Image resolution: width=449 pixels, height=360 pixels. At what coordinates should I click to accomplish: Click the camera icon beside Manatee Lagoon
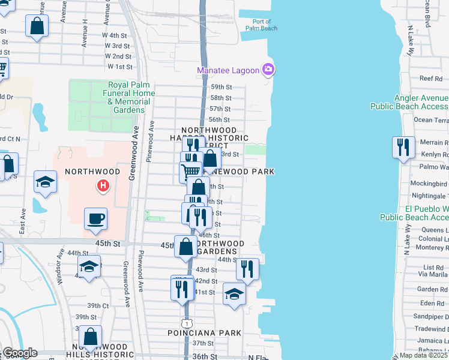pos(268,70)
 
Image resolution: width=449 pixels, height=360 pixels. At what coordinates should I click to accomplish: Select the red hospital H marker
pos(103,187)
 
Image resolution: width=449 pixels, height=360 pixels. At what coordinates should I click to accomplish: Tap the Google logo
pos(19,353)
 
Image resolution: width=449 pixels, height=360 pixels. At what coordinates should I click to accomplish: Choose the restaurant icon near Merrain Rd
pos(402,146)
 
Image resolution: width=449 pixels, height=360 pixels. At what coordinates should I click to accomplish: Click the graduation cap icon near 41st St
pos(235,293)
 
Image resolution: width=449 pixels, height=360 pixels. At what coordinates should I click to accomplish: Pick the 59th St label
pos(220,87)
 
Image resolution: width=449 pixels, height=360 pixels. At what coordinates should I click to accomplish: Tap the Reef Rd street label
pos(430,79)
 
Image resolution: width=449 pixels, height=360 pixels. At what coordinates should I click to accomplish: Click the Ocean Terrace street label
pos(430,120)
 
